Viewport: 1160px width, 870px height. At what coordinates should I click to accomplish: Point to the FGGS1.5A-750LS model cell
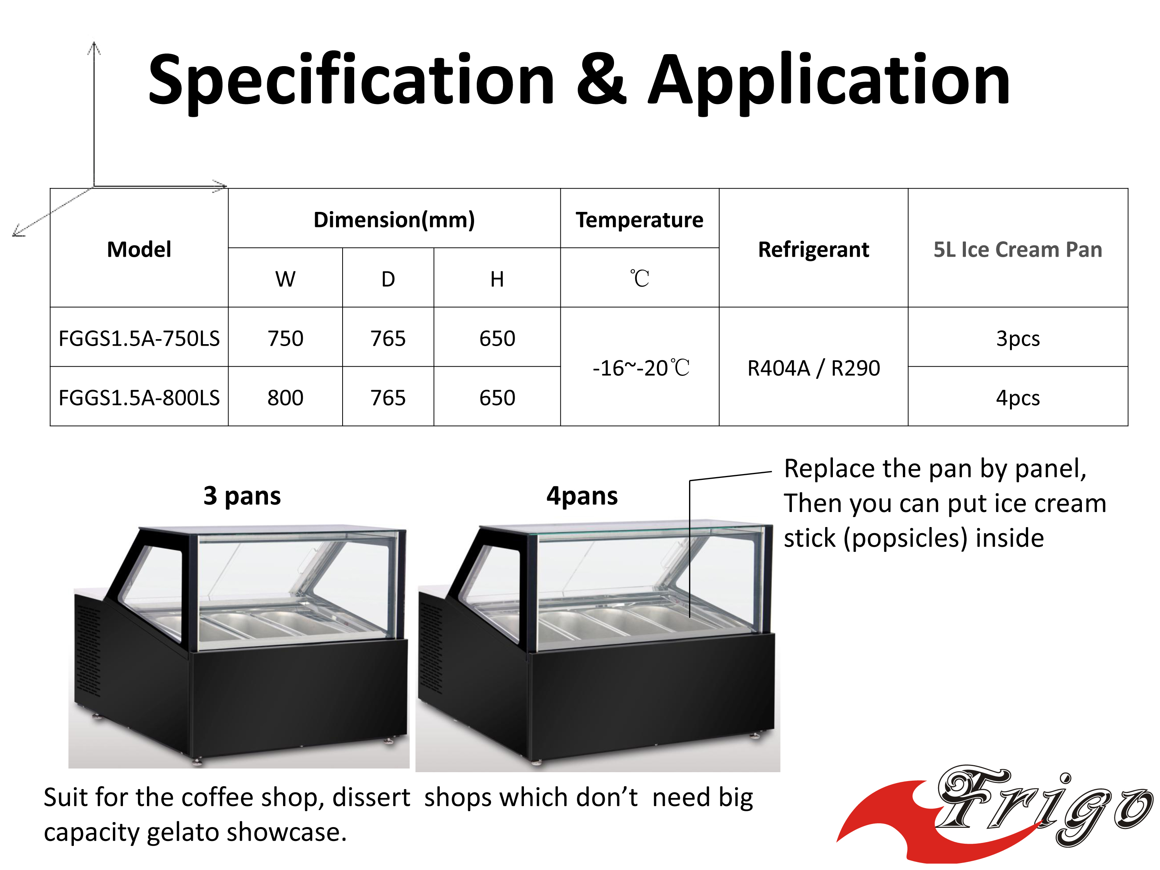coord(139,338)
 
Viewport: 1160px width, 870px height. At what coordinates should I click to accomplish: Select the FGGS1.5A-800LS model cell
coord(139,397)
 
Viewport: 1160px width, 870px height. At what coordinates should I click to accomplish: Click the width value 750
coord(285,338)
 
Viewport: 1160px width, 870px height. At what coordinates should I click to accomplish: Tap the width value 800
coord(285,397)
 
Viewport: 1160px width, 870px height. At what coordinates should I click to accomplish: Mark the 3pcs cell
coord(1017,339)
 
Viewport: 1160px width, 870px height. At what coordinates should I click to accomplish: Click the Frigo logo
coord(996,813)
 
